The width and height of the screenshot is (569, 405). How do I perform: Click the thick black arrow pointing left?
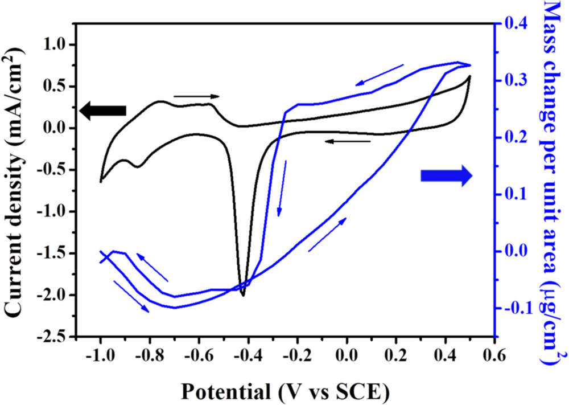pos(102,111)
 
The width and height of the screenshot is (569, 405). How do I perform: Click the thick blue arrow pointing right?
pos(447,176)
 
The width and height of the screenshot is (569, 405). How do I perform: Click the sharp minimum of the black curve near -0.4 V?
pos(243,295)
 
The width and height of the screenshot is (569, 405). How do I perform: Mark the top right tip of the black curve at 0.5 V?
pos(470,76)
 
